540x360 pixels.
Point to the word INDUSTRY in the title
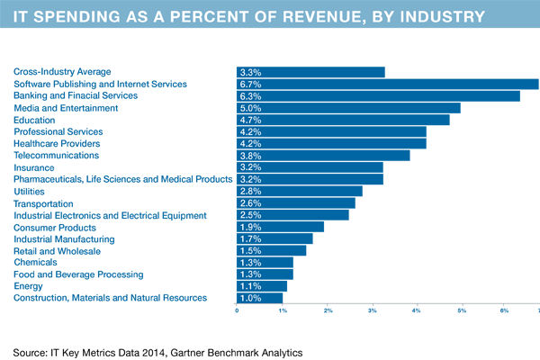click(x=439, y=16)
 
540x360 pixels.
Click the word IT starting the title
click(x=20, y=16)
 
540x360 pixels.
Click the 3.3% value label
click(x=250, y=72)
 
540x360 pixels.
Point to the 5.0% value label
click(x=250, y=108)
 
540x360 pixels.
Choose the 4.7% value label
click(x=250, y=120)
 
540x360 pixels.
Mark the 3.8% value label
click(x=250, y=156)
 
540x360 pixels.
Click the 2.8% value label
click(x=250, y=192)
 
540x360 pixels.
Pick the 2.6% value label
click(x=250, y=203)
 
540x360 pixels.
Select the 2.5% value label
click(x=250, y=215)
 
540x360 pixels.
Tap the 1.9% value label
click(x=250, y=228)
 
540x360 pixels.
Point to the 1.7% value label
click(x=250, y=239)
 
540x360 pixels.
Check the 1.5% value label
click(x=250, y=251)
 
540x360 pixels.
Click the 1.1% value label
click(x=250, y=286)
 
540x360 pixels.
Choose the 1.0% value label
click(x=250, y=298)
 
